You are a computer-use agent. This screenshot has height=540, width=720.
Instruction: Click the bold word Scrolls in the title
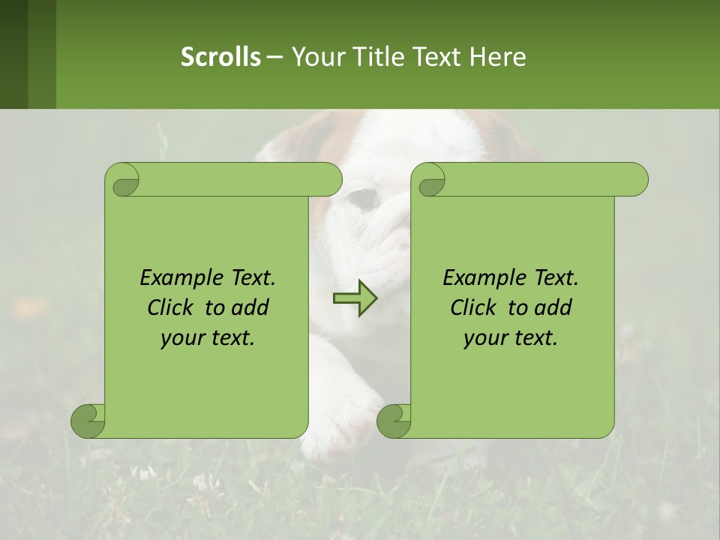pyautogui.click(x=220, y=56)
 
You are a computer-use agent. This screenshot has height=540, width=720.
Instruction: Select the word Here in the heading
pyautogui.click(x=498, y=56)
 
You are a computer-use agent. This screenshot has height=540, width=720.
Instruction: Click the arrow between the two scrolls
pyautogui.click(x=355, y=298)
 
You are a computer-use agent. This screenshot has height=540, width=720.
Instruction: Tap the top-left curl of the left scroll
pyautogui.click(x=122, y=180)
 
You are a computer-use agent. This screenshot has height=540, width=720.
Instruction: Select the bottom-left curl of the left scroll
pyautogui.click(x=88, y=421)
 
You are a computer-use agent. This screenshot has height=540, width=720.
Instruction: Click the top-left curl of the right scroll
pyautogui.click(x=428, y=180)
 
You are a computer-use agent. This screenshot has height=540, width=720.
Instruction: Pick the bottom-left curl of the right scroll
pyautogui.click(x=394, y=421)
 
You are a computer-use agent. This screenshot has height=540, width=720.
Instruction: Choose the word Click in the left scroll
pyautogui.click(x=172, y=307)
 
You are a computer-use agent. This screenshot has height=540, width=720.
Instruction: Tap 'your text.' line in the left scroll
pyautogui.click(x=208, y=337)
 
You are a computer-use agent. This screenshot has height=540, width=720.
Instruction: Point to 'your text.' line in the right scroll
pyautogui.click(x=511, y=337)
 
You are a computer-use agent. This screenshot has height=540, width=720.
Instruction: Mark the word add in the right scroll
pyautogui.click(x=553, y=307)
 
